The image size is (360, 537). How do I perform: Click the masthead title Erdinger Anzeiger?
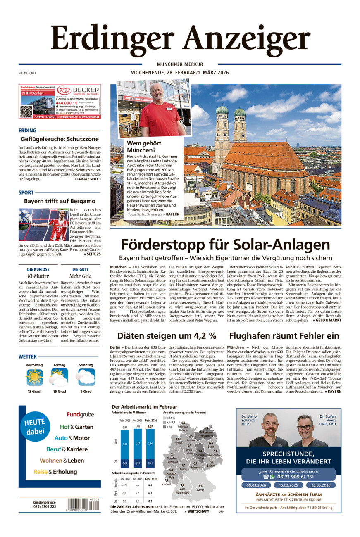180,38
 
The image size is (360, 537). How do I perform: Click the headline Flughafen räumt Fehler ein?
284,335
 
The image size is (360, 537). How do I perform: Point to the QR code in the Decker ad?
26,112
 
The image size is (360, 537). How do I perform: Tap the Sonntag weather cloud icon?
86,377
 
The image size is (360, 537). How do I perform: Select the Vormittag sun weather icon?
34,377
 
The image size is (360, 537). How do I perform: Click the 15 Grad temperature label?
60,391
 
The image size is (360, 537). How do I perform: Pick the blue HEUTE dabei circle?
34,428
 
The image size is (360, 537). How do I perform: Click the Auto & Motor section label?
72,438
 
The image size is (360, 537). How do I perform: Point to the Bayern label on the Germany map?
201,490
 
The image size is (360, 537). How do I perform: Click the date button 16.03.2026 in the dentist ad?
288,485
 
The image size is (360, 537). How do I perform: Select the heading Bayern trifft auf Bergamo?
60,201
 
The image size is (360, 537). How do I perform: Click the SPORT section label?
26,192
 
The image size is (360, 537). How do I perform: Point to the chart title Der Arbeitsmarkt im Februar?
144,406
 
